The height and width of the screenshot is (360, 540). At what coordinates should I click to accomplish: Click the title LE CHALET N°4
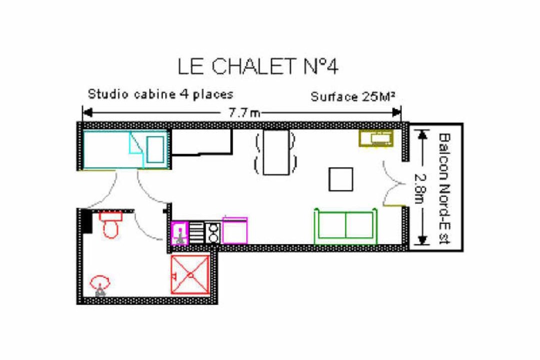pos(257,66)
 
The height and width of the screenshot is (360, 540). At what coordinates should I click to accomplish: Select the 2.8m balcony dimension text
pos(420,188)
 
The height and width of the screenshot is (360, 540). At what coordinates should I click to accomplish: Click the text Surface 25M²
pos(352,97)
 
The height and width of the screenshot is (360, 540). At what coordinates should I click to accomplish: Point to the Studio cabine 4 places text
pos(160,94)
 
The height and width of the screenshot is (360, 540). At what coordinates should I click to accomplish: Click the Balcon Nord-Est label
pos(444,188)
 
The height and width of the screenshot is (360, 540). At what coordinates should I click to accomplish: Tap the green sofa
pos(346,226)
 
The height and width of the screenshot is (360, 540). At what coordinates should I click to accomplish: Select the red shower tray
pos(190,274)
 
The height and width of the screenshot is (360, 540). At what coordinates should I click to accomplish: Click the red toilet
pos(111,224)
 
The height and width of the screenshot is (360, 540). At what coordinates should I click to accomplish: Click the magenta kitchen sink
pos(180,233)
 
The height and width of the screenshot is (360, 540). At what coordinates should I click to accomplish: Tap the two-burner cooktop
pos(213,233)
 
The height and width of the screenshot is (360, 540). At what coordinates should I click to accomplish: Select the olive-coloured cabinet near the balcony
pos(376,138)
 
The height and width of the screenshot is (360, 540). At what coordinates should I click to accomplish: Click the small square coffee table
pos(340,179)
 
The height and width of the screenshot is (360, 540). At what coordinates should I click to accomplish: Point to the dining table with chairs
pos(275,152)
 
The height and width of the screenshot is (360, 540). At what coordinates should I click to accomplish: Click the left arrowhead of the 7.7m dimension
pos(87,112)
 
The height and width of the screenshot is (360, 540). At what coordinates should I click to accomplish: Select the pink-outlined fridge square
pos(235,230)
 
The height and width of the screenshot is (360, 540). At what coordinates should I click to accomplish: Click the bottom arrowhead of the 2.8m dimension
pos(422,240)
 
